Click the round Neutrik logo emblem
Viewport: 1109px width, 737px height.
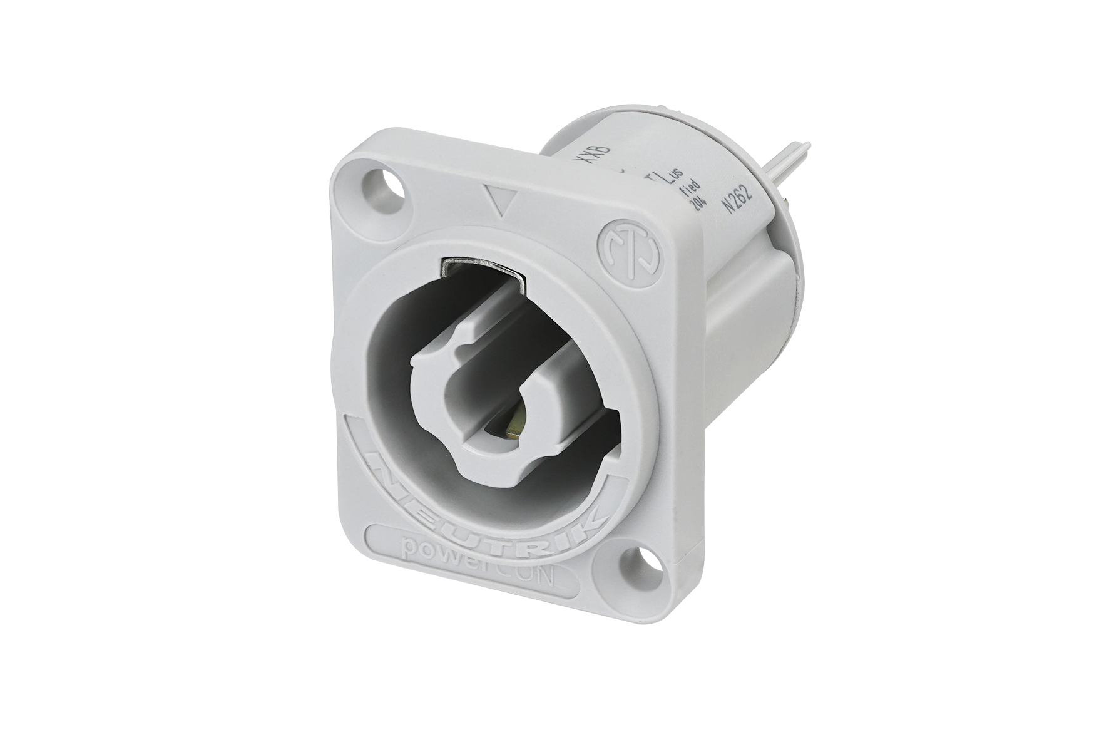628,250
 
